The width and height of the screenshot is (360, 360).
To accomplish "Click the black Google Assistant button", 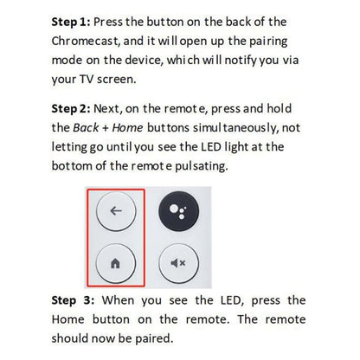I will coord(177,210).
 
